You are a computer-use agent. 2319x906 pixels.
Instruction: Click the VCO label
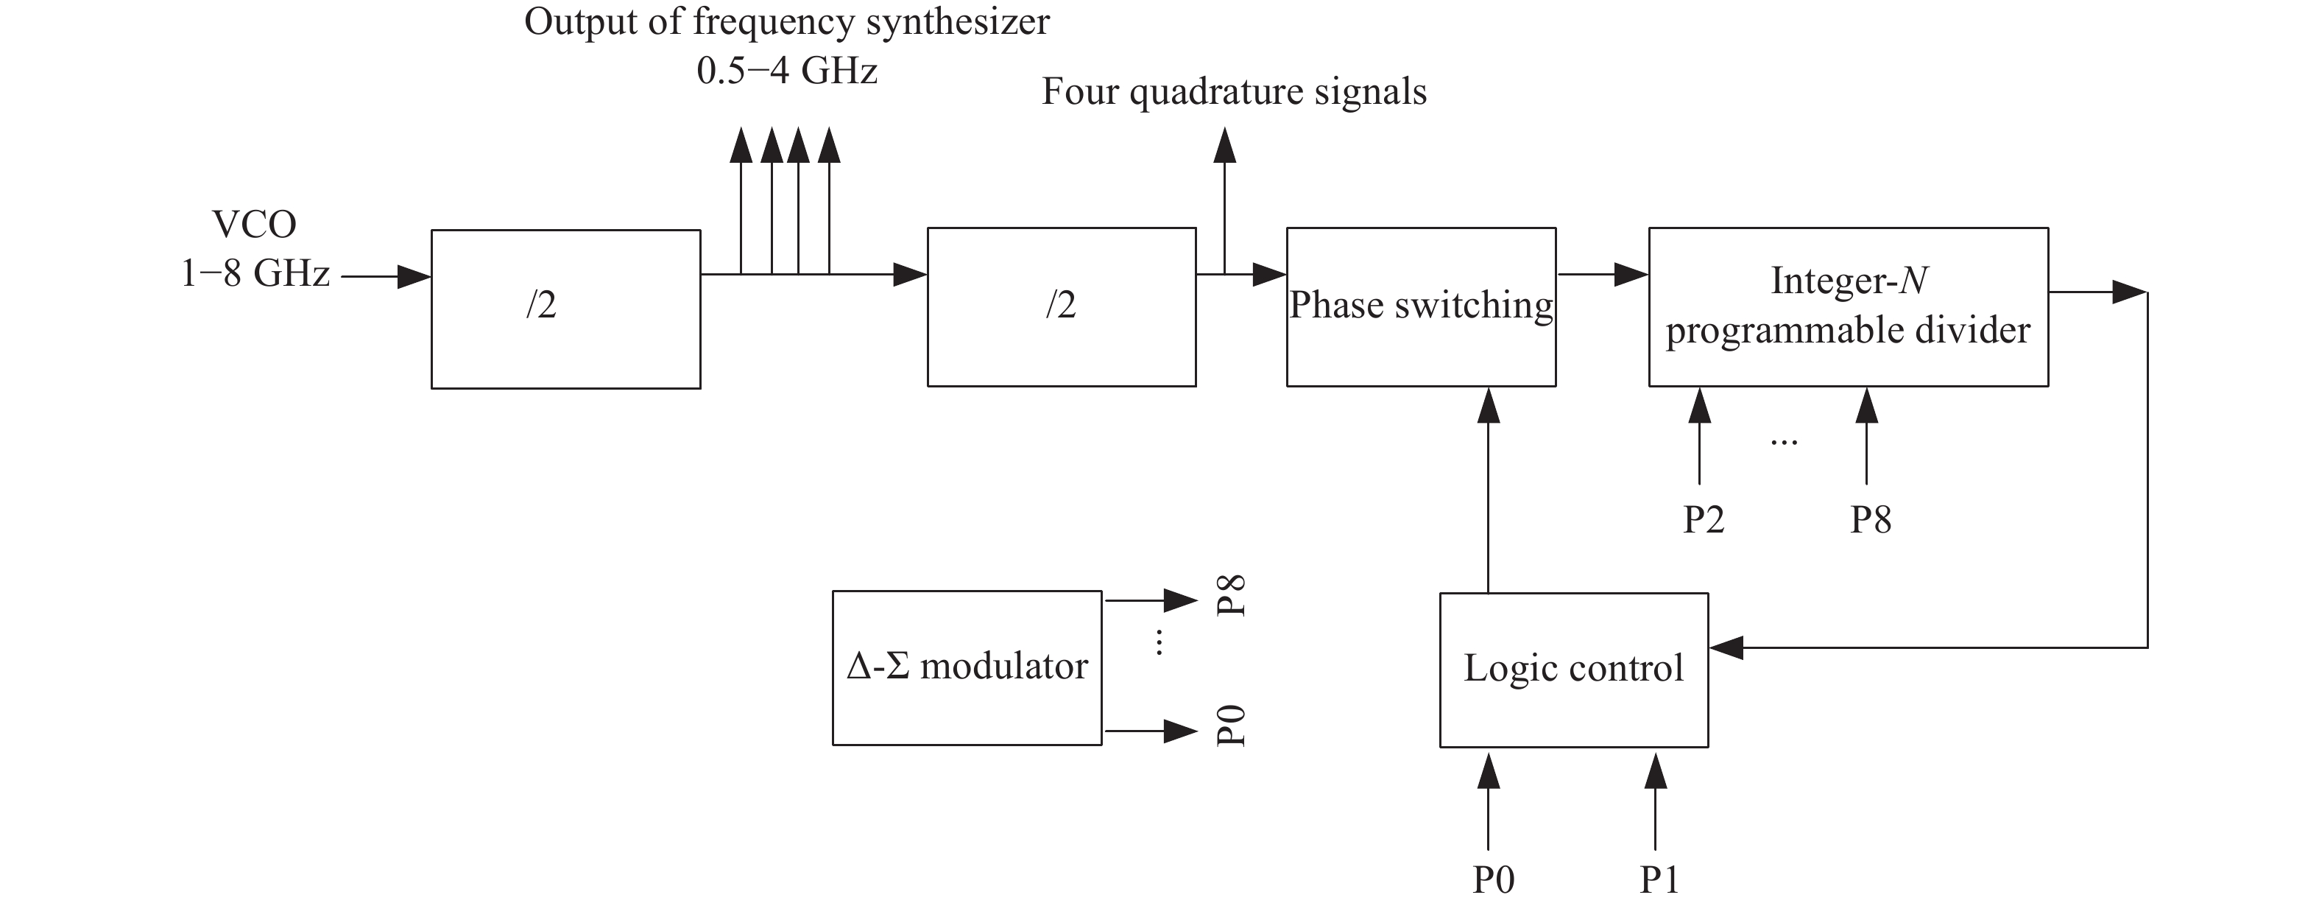[254, 224]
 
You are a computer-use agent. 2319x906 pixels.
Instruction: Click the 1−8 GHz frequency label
[255, 273]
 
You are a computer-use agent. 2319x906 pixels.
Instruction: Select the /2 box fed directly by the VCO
[565, 309]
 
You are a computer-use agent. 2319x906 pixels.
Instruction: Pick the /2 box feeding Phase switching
[1062, 307]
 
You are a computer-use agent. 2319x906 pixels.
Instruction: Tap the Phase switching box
[1421, 307]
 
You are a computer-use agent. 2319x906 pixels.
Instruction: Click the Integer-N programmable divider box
[1847, 307]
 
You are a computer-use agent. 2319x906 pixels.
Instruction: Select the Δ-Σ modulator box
[967, 667]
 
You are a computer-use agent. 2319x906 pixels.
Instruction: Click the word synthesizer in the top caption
[958, 21]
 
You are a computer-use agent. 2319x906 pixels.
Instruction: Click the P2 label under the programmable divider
[1704, 519]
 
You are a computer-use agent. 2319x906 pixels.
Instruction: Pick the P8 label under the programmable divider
[1870, 519]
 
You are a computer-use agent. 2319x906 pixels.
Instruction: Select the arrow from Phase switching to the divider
[1603, 274]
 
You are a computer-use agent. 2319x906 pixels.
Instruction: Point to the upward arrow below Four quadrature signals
[1224, 198]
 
